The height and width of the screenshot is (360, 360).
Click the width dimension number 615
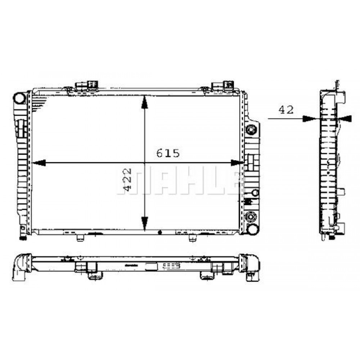click(168, 154)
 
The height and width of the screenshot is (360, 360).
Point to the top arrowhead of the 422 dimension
click(145, 102)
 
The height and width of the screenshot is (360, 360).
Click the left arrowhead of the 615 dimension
click(39, 163)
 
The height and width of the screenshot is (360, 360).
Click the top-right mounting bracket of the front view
click(222, 85)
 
